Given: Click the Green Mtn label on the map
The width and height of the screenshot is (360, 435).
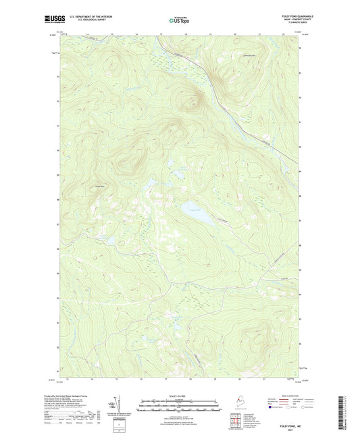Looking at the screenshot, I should [101, 186].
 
